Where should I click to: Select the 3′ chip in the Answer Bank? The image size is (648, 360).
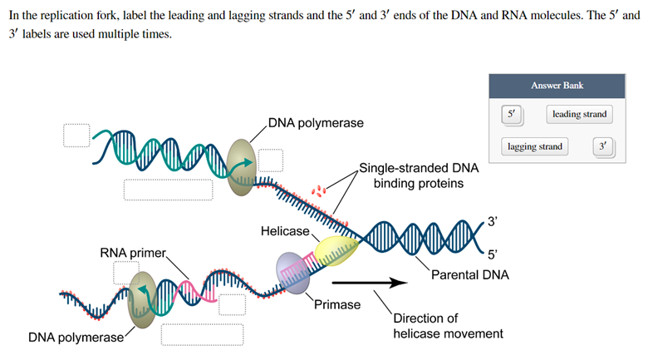(605, 147)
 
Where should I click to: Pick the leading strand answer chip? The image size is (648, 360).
(579, 114)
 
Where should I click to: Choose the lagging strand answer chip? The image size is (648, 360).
(534, 147)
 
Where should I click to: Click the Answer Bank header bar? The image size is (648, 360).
(557, 86)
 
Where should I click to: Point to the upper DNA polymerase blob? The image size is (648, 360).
(243, 160)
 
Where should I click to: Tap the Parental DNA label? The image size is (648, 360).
(470, 274)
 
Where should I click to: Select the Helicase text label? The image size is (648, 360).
(283, 230)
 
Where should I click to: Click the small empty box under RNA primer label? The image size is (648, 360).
(126, 273)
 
